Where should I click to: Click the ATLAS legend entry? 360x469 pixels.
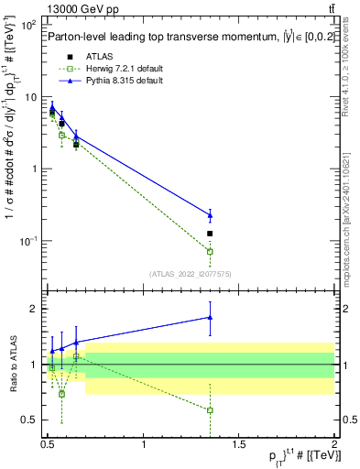pos(86,56)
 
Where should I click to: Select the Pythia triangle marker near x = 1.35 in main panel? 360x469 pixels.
pos(210,215)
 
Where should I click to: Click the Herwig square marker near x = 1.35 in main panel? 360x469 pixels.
pos(210,251)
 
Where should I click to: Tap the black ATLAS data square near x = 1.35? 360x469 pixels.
pos(210,234)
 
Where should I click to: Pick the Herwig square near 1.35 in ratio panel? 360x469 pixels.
pos(210,410)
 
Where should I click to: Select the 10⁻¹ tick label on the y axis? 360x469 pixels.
pos(28,241)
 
